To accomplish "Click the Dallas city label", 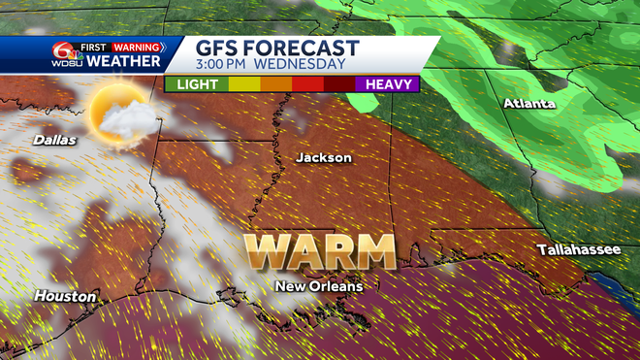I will (54, 140).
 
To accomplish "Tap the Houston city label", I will (65, 296).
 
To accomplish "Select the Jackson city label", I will (324, 157).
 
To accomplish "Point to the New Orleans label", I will (318, 286).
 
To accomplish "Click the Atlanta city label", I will (528, 104).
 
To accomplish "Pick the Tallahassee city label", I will (579, 250).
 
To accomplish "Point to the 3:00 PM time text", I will (229, 65).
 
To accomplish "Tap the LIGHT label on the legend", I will (196, 84).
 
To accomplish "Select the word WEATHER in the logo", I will (122, 62).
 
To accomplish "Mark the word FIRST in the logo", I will (94, 47).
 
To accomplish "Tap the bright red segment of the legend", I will (307, 84).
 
